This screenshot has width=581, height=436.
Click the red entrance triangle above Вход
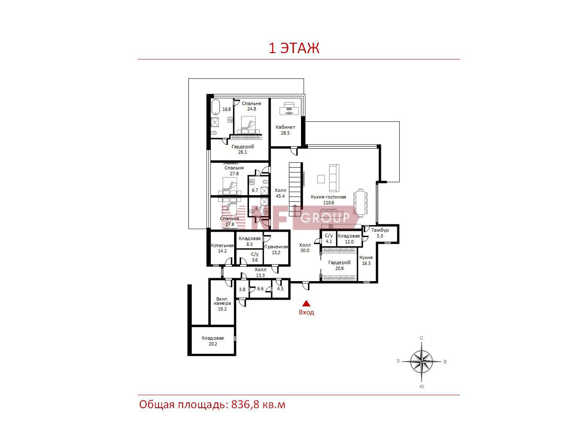[x=306, y=303]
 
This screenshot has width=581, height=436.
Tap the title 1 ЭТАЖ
[x=294, y=48]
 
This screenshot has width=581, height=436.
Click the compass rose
[x=422, y=361]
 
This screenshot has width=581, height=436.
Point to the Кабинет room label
[x=285, y=127]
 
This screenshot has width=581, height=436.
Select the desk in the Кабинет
[x=289, y=108]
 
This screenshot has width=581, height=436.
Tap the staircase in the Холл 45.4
[x=295, y=189]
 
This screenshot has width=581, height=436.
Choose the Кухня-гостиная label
[x=328, y=197]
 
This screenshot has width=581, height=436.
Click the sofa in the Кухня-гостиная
[x=334, y=178]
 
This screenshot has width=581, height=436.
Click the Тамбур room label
[x=380, y=230]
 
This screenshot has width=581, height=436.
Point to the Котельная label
[x=222, y=245]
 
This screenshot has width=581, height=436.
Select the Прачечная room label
[x=276, y=247]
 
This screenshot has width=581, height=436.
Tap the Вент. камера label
[x=222, y=301]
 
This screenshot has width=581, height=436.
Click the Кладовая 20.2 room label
[x=212, y=341]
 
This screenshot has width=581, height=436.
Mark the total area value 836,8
[x=245, y=405]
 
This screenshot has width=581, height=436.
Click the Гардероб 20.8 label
[x=339, y=265]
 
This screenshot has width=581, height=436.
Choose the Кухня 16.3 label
[x=366, y=260]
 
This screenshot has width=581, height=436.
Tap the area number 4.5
[x=280, y=289]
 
